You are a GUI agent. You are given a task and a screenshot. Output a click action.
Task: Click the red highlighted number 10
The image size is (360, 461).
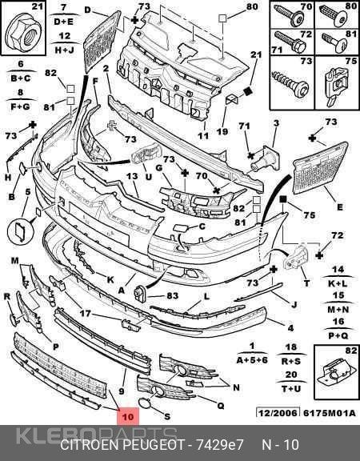pyautogui.click(x=128, y=416)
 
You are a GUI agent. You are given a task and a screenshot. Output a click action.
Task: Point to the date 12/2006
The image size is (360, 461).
pyautogui.click(x=278, y=412)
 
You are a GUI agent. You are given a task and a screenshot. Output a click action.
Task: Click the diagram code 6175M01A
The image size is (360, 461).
pyautogui.click(x=329, y=412)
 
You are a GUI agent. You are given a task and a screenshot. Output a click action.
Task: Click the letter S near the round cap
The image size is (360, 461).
pyautogui.click(x=167, y=416)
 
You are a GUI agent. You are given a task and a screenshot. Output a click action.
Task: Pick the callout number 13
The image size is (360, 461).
pyautogui.click(x=132, y=176)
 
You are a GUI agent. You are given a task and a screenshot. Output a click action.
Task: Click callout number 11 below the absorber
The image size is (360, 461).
pyautogui.click(x=203, y=136)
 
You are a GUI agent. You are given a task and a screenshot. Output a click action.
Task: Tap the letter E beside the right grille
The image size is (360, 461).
pyautogui.click(x=340, y=207)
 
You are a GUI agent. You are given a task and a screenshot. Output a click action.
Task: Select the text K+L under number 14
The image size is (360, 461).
pyautogui.click(x=338, y=283)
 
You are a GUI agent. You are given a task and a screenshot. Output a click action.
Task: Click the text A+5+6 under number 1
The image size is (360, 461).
pyautogui.click(x=252, y=360)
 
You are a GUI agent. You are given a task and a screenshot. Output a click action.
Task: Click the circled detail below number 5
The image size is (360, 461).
pyautogui.click(x=21, y=230)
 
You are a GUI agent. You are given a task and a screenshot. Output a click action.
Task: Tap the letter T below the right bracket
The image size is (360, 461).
pyautogui.click(x=307, y=283)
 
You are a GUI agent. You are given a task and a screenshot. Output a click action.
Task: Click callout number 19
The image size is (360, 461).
pyautogui.click(x=222, y=131)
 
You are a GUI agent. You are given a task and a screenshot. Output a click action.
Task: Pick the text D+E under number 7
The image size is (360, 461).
pyautogui.click(x=64, y=22)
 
